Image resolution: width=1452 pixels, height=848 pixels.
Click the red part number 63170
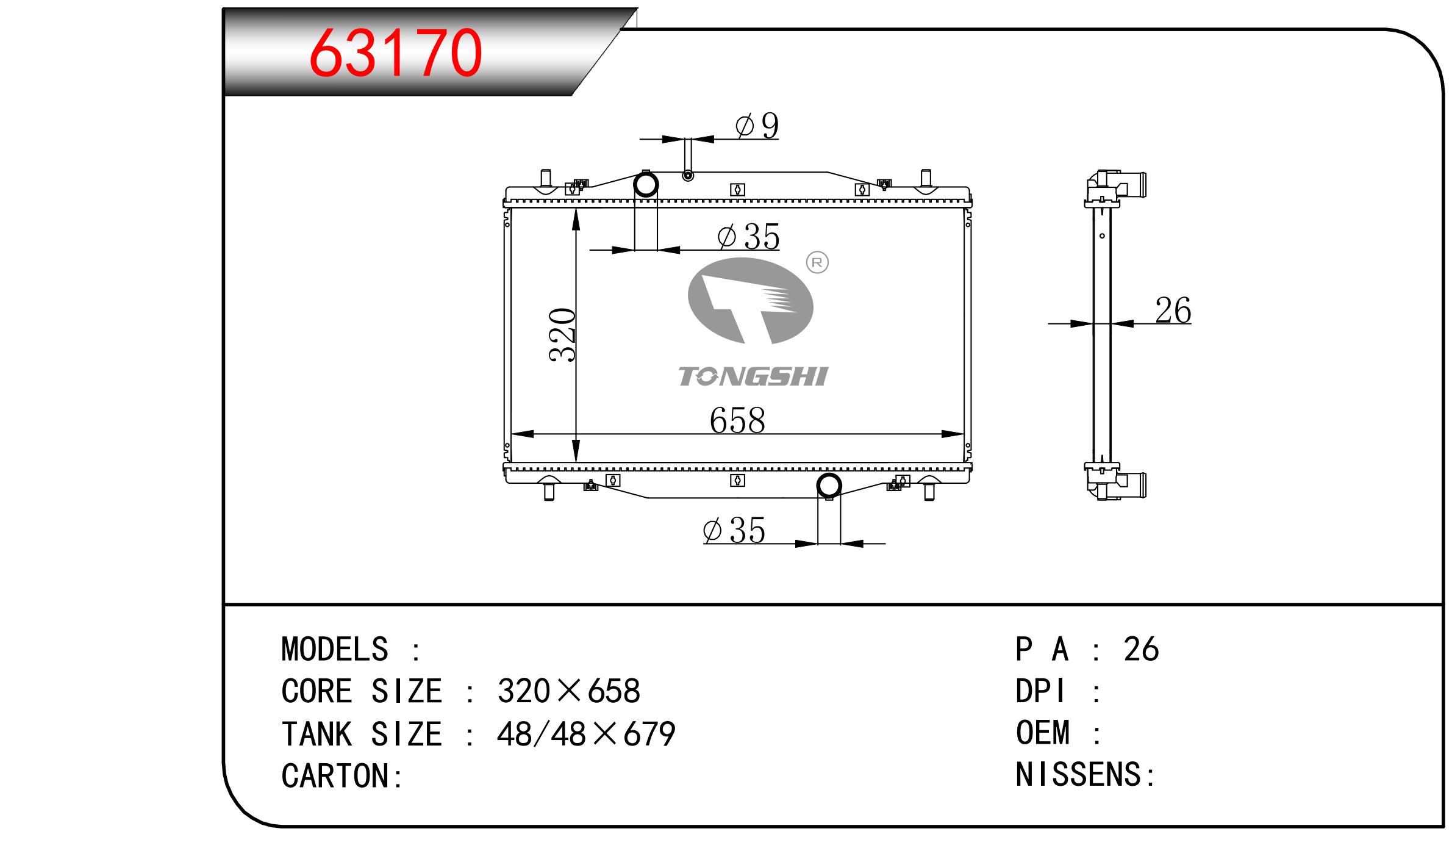(x=396, y=54)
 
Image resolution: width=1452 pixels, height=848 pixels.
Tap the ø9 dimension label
(x=757, y=126)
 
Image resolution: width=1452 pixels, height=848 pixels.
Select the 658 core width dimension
(x=737, y=420)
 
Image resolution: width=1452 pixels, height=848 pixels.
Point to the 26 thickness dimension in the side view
(x=1173, y=310)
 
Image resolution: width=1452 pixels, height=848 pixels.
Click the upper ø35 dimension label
(x=748, y=237)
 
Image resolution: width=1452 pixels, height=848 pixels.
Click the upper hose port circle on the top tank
(x=646, y=184)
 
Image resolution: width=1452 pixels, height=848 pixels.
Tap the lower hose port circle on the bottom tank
(x=829, y=486)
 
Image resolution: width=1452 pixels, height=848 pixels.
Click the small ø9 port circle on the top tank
(x=688, y=176)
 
